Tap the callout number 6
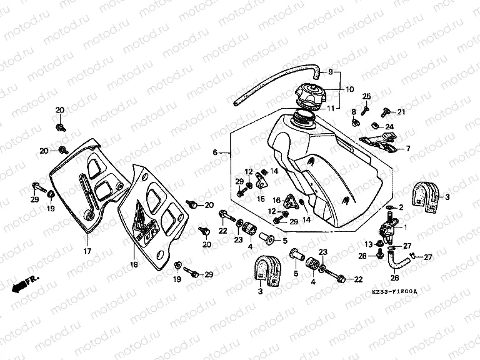[x=214, y=152]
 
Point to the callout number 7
[x=407, y=149]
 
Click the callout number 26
[x=395, y=279]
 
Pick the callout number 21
[x=402, y=112]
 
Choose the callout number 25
[x=367, y=96]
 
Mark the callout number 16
[x=275, y=200]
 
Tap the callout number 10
[x=349, y=89]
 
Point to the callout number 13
[x=369, y=244]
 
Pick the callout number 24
[x=397, y=126]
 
